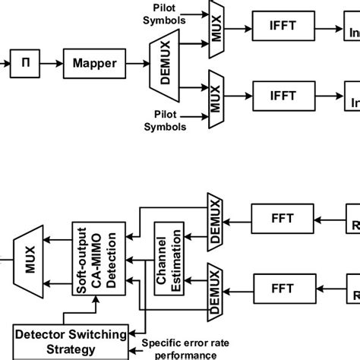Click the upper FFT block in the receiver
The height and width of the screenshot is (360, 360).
(279, 219)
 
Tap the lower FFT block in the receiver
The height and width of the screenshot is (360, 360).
(279, 288)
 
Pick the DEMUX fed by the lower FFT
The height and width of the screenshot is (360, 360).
(214, 289)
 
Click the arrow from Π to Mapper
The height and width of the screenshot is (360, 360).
(52, 64)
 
